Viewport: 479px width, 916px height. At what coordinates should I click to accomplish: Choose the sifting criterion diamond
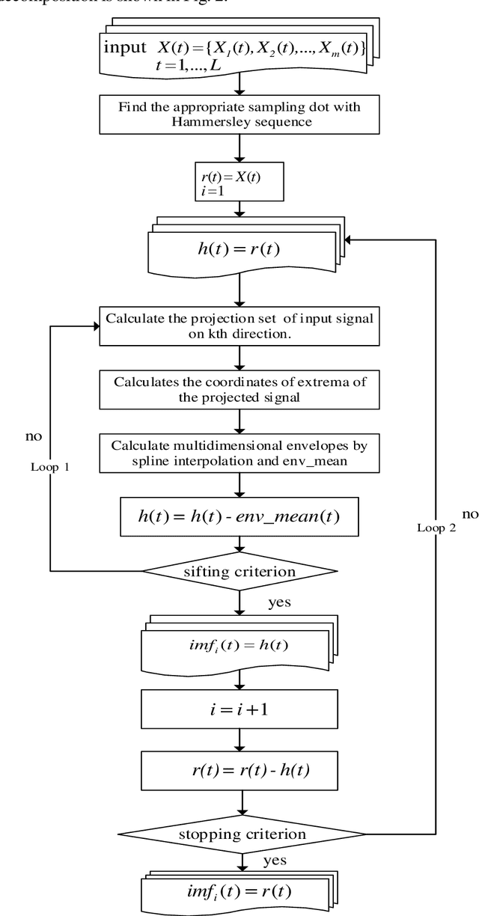pos(239,572)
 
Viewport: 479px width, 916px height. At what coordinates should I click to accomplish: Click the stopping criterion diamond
pos(239,832)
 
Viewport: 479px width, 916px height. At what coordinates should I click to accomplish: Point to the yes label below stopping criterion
pos(275,862)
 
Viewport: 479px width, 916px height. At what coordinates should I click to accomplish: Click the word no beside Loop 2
pos(470,514)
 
